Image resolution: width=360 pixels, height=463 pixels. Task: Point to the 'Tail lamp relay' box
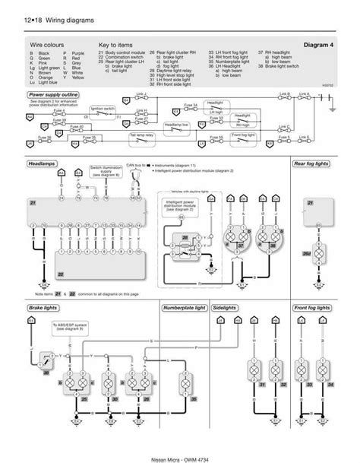click(x=141, y=134)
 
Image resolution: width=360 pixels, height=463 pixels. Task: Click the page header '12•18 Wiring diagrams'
click(x=52, y=21)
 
